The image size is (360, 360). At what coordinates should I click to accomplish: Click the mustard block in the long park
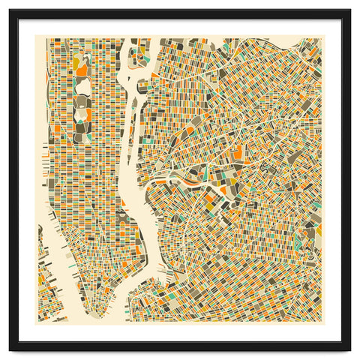(x=81, y=70)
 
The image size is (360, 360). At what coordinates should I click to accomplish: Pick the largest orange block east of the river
(x=238, y=154)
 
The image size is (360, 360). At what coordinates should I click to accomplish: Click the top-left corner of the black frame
(x=10, y=10)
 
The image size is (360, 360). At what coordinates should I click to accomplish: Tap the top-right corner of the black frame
(x=349, y=10)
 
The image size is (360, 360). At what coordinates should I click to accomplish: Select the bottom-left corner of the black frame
(x=10, y=349)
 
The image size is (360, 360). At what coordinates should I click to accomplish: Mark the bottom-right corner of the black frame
(x=349, y=349)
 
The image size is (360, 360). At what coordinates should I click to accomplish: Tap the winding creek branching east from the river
(x=180, y=180)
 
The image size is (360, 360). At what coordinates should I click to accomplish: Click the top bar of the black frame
(x=180, y=13)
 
